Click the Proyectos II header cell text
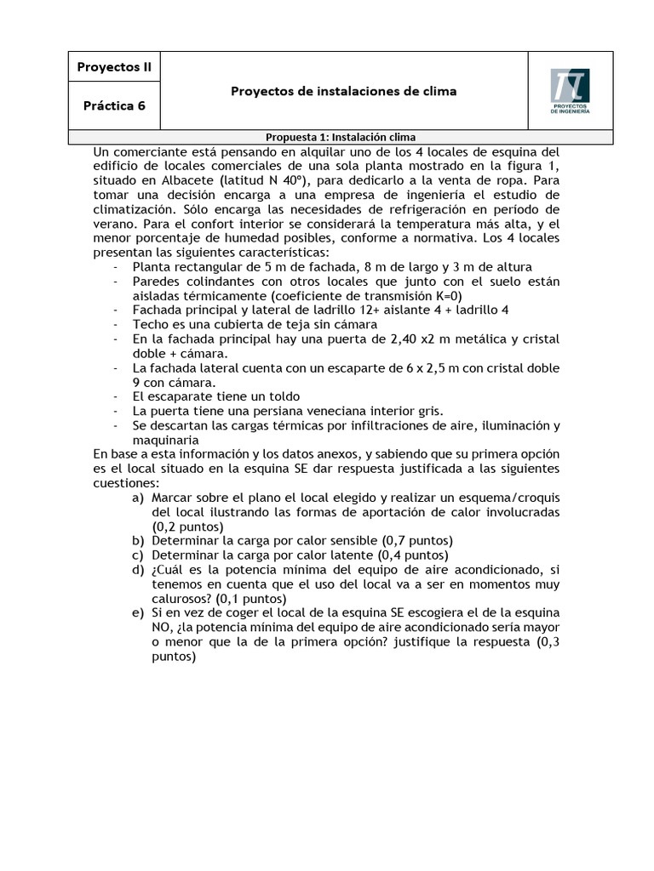113,66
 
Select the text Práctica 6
113,106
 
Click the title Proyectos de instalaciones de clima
343,91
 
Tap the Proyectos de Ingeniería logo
570,90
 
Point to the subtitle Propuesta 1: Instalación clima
340,137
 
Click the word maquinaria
165,440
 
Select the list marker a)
138,498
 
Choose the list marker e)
138,613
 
